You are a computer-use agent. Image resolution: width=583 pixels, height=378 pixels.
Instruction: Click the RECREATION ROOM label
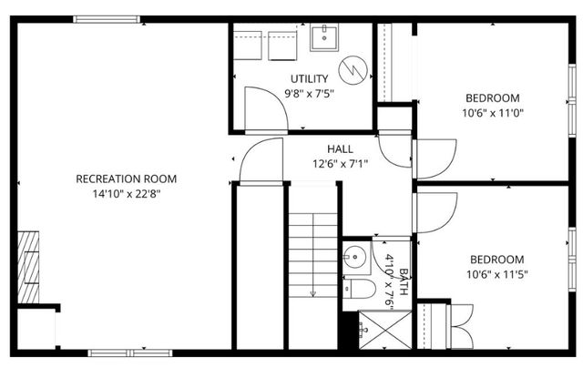pos(126,179)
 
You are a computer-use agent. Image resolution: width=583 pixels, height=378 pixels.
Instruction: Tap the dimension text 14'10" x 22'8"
pos(126,193)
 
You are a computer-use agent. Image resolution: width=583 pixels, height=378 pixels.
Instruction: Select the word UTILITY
pos(310,78)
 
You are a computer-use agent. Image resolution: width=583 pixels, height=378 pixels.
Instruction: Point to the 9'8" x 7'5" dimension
pos(310,93)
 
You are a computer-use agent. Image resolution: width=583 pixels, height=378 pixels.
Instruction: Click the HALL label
pos(340,149)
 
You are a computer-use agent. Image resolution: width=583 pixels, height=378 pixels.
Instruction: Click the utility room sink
pos(325,37)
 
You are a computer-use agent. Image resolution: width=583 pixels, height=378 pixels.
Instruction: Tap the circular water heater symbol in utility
pos(353,68)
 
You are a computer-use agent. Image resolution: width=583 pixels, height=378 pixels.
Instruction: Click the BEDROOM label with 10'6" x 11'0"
pos(493,98)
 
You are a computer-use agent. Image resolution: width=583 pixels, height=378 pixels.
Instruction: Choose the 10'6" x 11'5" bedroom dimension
pos(496,273)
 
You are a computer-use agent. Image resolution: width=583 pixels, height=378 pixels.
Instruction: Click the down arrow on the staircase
pos(312,292)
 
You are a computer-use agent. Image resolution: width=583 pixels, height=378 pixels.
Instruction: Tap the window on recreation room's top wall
pos(107,19)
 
